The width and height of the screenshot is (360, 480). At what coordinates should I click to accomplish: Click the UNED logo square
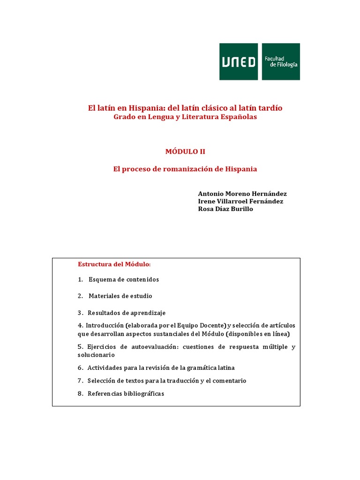239,61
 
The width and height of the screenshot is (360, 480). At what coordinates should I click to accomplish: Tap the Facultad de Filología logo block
281,61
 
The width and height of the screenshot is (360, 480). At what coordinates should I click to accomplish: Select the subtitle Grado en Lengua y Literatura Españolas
185,117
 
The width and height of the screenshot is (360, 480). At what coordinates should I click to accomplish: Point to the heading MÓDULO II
185,151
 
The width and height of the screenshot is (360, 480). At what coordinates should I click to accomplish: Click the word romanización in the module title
193,169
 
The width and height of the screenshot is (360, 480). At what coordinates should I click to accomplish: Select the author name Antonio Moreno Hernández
242,194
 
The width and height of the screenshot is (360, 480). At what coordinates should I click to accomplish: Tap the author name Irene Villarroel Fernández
240,201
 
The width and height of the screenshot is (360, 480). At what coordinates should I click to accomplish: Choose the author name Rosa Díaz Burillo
225,209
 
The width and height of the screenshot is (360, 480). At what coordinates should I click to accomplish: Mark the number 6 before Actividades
80,368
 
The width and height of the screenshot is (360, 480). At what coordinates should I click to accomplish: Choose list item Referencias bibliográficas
126,394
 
